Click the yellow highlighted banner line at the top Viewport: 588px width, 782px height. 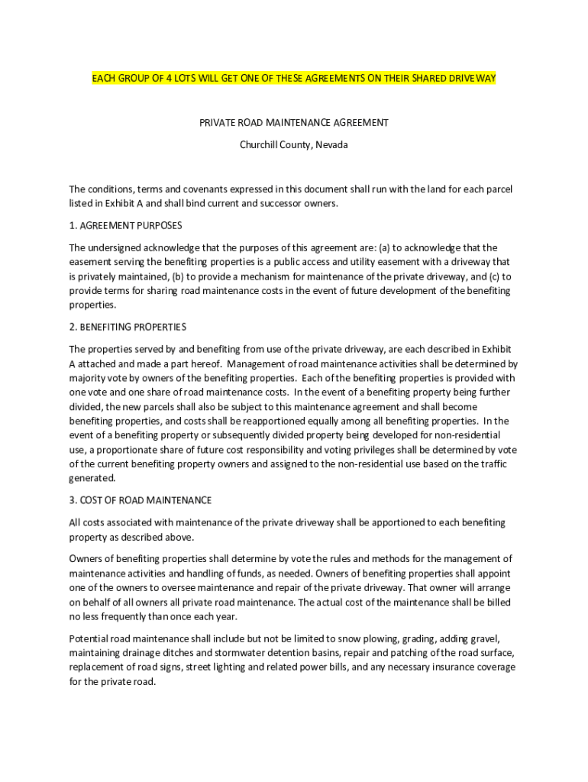click(x=294, y=79)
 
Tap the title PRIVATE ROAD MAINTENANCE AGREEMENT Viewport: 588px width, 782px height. click(x=294, y=122)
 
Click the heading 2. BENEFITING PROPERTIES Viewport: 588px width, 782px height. click(x=128, y=327)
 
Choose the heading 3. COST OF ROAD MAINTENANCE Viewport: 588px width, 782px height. click(x=141, y=500)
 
